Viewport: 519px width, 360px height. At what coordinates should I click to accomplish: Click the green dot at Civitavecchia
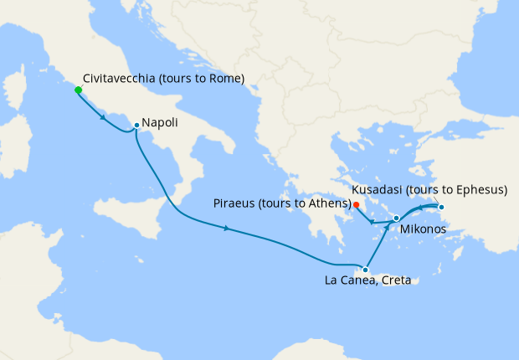[78, 90]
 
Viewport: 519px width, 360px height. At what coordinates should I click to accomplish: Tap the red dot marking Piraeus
[356, 204]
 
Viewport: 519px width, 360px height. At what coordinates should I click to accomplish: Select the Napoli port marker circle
[136, 126]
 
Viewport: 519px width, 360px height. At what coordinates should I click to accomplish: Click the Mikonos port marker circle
[396, 218]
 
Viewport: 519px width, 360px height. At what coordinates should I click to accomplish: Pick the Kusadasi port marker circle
[441, 207]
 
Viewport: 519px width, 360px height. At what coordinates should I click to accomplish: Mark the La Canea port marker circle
[365, 270]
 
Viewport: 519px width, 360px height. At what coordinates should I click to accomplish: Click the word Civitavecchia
[122, 80]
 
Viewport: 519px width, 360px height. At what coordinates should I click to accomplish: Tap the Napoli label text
[159, 123]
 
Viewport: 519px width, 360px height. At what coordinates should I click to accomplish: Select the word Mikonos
[422, 229]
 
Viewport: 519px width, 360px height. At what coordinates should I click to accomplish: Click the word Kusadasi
[380, 190]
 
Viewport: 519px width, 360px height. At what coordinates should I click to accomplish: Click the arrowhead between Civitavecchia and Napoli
[102, 116]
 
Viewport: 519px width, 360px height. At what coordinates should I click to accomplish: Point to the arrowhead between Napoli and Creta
[227, 228]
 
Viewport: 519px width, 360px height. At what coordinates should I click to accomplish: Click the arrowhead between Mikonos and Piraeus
[374, 222]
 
